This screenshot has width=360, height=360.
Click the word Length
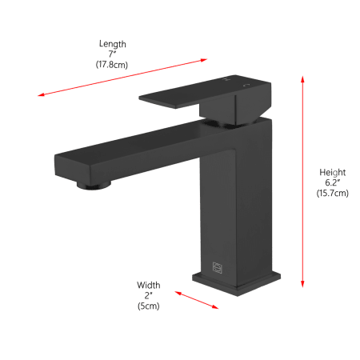113,44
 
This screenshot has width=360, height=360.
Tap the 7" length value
112,54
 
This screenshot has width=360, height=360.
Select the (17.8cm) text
112,65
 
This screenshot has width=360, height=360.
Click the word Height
333,173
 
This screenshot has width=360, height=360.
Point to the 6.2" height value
333,182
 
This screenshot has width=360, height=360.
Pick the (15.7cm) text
333,193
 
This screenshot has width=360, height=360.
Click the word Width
149,285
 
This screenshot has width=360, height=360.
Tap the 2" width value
149,295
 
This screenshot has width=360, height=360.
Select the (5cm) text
149,306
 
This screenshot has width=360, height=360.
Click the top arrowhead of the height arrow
302,79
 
